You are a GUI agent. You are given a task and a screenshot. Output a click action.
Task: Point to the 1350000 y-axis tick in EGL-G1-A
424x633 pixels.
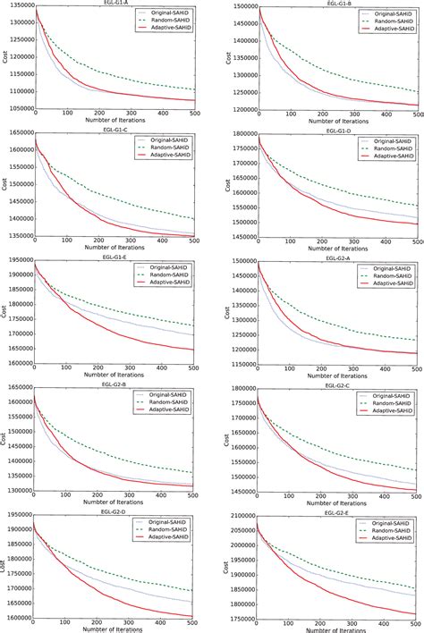click(x=17, y=6)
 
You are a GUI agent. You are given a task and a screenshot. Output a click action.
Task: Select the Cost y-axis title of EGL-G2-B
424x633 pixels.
click(x=4, y=440)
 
